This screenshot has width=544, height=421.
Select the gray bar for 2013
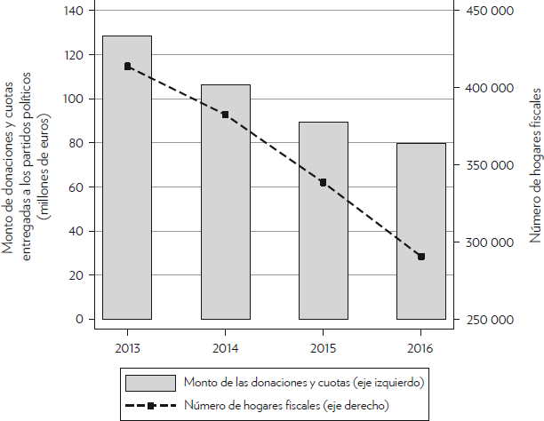pyautogui.click(x=127, y=178)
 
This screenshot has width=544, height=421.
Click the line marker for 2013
pyautogui.click(x=128, y=66)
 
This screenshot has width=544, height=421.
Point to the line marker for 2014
pyautogui.click(x=225, y=115)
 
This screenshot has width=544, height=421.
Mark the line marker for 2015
pyautogui.click(x=323, y=182)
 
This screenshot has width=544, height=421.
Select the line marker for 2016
pyautogui.click(x=421, y=257)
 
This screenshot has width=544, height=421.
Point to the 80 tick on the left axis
pyautogui.click(x=76, y=143)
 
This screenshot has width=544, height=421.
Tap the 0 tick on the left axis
pyautogui.click(x=80, y=319)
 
